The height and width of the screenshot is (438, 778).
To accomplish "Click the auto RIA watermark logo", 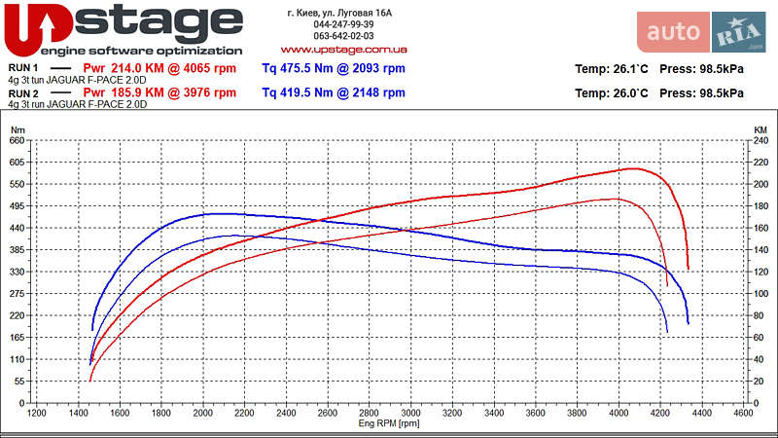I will click(707, 32).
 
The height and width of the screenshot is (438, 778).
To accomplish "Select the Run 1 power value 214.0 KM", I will click(159, 69).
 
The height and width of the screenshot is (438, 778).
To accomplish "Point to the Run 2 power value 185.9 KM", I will click(159, 93).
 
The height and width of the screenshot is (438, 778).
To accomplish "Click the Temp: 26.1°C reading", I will click(612, 69).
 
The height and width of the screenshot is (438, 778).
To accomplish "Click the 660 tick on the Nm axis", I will click(18, 140).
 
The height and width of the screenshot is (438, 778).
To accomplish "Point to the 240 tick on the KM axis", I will click(761, 140).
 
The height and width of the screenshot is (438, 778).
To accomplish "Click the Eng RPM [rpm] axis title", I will click(389, 423).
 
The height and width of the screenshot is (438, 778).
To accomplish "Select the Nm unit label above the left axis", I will click(17, 128).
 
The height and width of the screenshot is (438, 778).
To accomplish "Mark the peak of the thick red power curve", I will click(633, 168).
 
